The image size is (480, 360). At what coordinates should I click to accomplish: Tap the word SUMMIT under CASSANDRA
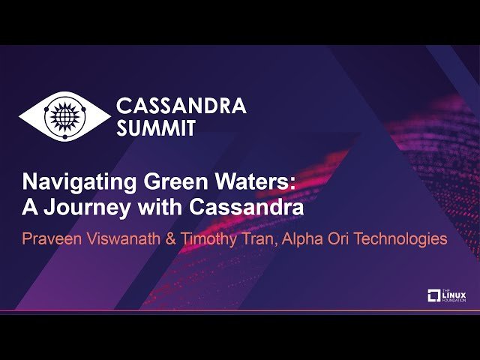pos(157,127)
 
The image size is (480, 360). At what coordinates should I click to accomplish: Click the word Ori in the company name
pos(346,239)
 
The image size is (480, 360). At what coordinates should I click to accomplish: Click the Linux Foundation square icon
pos(433,295)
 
